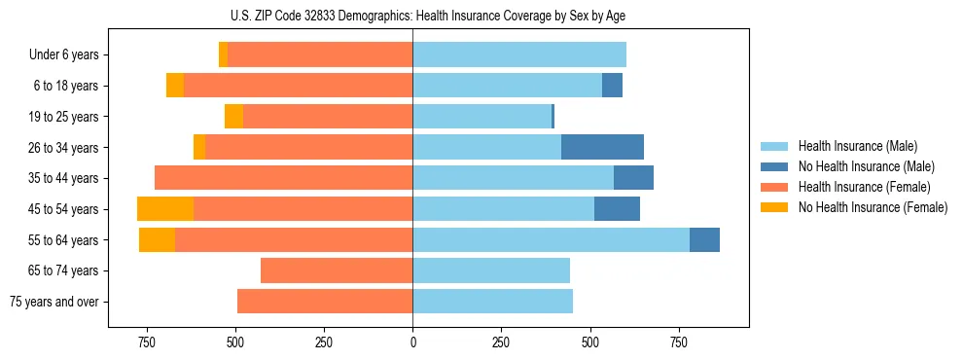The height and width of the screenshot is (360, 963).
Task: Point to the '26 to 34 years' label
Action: pos(65,148)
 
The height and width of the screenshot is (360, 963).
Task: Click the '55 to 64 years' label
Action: pos(65,240)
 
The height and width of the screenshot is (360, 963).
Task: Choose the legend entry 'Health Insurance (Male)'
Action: pos(852,146)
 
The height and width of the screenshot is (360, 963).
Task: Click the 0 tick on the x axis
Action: pos(412,342)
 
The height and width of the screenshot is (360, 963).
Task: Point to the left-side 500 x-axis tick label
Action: pos(235,342)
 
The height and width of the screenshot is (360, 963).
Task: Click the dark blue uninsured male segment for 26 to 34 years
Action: pos(602,147)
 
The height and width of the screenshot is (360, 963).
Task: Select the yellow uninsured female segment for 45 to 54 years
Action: pos(165,209)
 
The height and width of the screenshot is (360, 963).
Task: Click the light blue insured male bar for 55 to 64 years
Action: pos(551,239)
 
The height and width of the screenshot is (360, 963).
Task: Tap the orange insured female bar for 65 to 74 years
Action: pos(337,270)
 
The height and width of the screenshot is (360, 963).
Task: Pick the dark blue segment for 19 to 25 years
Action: pos(553,117)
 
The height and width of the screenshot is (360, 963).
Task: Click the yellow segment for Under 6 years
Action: pos(224,55)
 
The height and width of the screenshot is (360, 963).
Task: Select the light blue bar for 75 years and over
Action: pos(492,302)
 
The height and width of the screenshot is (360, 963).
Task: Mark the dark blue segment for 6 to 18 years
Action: pos(612,86)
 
